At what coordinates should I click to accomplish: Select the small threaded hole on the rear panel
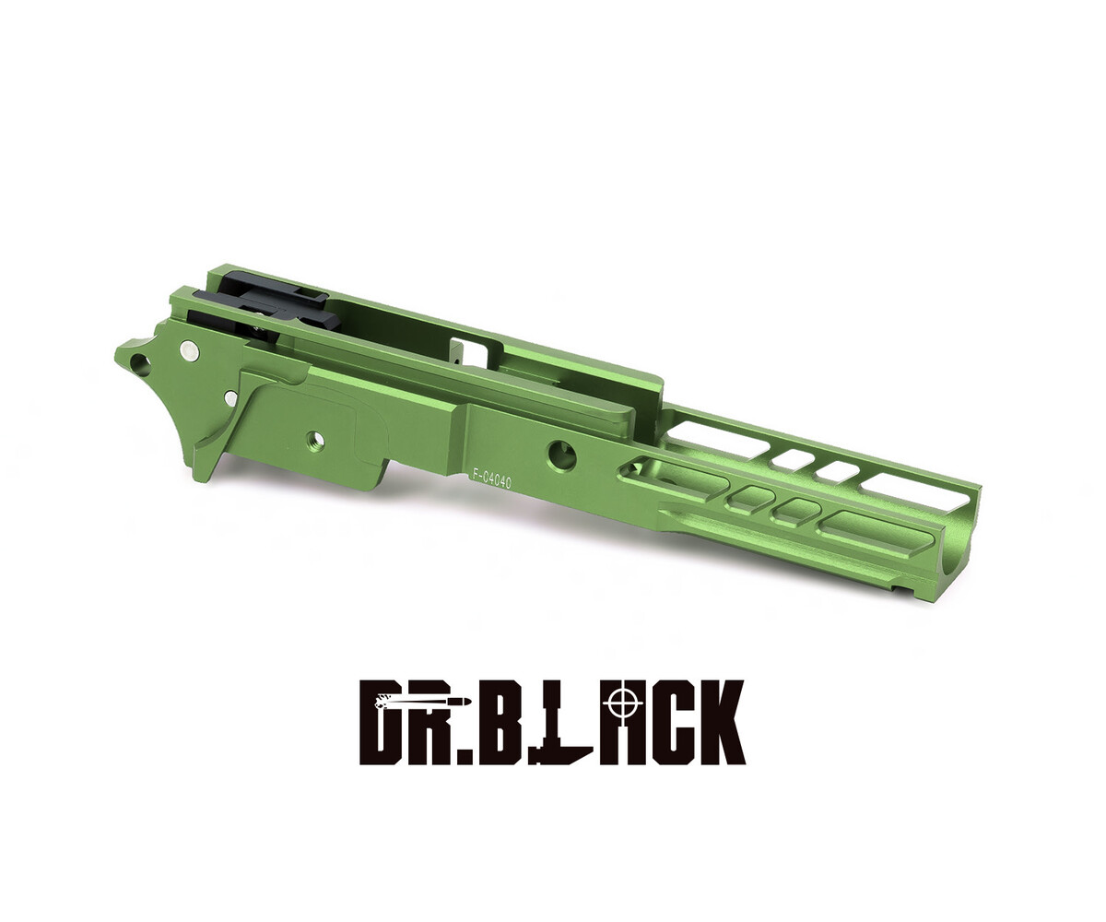tap(316, 440)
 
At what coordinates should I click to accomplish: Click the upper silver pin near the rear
tap(189, 349)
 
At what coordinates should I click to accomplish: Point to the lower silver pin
tap(231, 398)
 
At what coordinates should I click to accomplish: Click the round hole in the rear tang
tap(139, 364)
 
